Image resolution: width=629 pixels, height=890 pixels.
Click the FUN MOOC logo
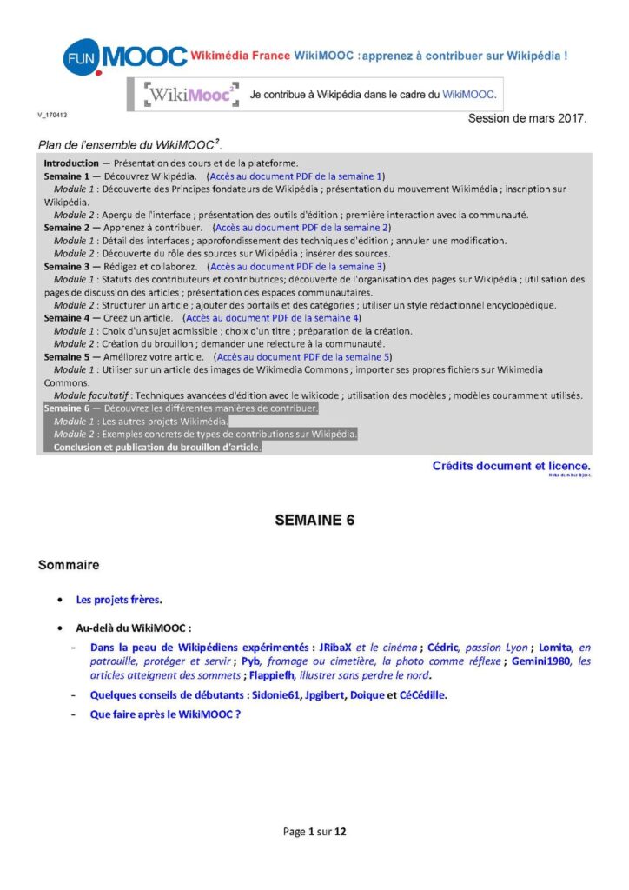[124, 57]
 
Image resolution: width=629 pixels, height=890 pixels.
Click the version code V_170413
[52, 115]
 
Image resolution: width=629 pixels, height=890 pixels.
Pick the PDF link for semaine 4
[273, 318]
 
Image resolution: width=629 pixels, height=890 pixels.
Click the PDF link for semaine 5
[304, 356]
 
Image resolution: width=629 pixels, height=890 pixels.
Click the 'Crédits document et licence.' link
[511, 466]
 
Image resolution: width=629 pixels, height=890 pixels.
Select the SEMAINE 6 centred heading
[314, 521]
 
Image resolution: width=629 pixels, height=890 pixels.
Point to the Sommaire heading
[69, 565]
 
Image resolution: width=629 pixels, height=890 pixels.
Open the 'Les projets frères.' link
[119, 599]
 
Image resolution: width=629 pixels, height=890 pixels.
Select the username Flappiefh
[276, 674]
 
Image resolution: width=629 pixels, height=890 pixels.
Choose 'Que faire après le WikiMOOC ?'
[165, 714]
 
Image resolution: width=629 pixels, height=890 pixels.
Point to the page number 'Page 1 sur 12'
[314, 832]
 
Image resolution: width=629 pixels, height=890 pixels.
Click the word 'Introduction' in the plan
[71, 163]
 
